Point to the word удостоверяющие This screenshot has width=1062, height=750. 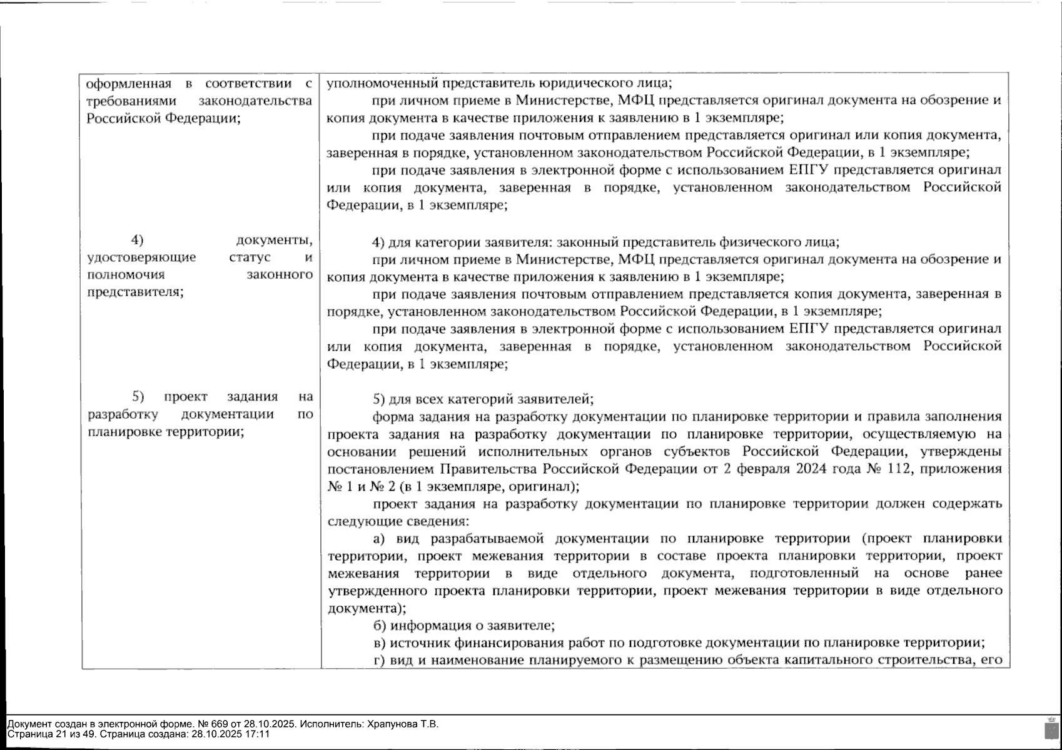coord(141,257)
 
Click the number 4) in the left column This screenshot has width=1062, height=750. coord(137,240)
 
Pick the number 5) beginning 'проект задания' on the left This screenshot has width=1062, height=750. coord(138,396)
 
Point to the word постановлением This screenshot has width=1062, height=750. coord(382,469)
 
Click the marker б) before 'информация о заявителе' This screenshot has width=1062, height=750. coord(379,625)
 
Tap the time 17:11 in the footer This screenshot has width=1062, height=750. coord(258,734)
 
